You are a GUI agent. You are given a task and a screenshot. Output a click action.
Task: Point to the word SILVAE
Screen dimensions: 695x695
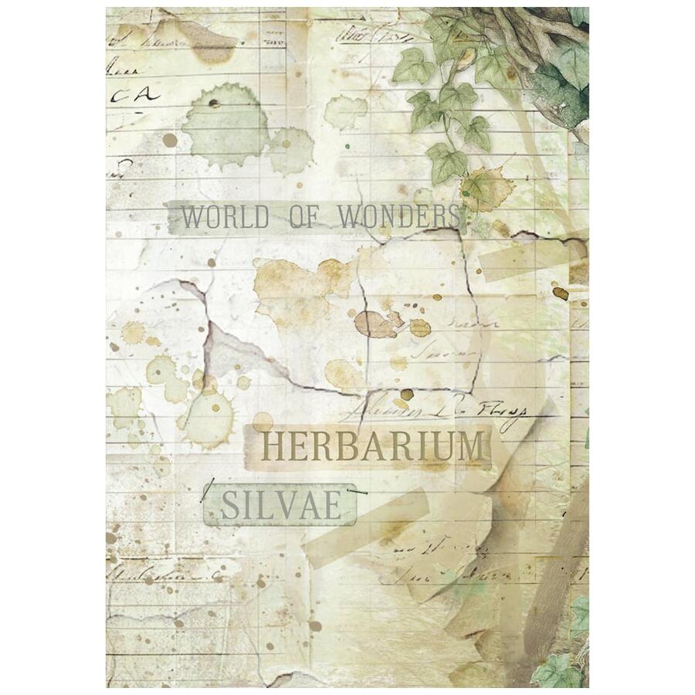[280, 506]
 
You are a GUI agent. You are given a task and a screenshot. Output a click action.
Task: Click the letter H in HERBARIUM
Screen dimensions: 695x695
[274, 447]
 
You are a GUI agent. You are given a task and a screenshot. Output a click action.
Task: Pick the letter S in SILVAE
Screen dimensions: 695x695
[229, 506]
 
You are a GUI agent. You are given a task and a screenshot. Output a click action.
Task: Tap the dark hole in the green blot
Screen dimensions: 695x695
[214, 103]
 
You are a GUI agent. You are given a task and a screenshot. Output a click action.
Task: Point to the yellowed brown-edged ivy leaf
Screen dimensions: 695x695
[486, 187]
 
